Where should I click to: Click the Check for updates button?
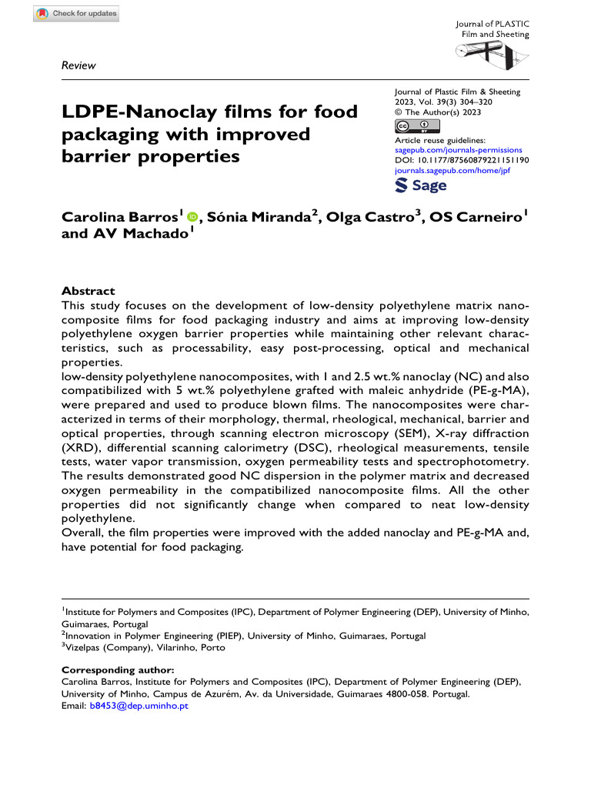click(x=78, y=14)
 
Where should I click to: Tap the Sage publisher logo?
click(x=420, y=186)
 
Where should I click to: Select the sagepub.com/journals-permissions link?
click(x=457, y=150)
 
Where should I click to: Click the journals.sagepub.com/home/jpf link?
click(x=452, y=170)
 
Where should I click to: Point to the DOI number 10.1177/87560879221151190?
click(x=472, y=160)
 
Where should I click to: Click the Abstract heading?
click(x=88, y=291)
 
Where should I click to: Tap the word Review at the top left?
click(x=78, y=65)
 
